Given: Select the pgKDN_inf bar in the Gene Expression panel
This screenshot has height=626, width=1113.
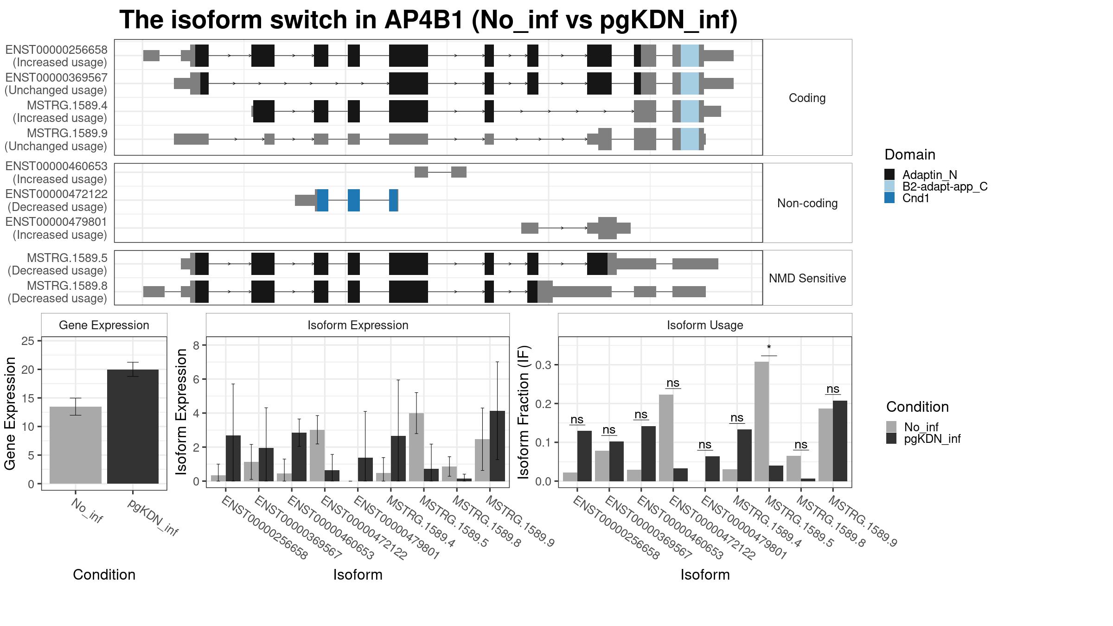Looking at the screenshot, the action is pyautogui.click(x=133, y=427).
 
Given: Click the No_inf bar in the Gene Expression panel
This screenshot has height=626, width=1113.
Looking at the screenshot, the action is pyautogui.click(x=75, y=445).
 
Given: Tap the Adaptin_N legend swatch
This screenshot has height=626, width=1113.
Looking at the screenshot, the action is pyautogui.click(x=889, y=174).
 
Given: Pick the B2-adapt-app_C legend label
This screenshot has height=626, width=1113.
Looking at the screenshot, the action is pyautogui.click(x=945, y=186).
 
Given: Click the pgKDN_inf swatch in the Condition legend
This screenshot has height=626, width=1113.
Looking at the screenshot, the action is pyautogui.click(x=891, y=439).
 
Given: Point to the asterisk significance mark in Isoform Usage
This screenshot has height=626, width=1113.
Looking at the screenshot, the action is pyautogui.click(x=769, y=348).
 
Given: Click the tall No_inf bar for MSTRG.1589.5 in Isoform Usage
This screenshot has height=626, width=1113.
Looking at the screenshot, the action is pyautogui.click(x=761, y=422).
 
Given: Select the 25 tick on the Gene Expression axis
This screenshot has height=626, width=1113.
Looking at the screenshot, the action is pyautogui.click(x=28, y=341).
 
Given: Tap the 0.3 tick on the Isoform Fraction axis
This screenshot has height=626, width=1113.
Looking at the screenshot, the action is pyautogui.click(x=544, y=365).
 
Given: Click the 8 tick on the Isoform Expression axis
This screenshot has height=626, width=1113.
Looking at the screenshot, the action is pyautogui.click(x=196, y=345).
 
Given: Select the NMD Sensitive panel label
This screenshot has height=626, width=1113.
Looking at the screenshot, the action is pyautogui.click(x=807, y=278).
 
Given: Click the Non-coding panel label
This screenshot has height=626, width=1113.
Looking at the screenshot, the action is pyautogui.click(x=807, y=203).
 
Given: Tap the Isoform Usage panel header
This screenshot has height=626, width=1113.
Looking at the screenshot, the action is pyautogui.click(x=705, y=325).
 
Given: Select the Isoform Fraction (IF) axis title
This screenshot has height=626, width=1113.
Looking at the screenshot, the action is pyautogui.click(x=524, y=412).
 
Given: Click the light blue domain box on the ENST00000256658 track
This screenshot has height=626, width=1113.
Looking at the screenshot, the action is pyautogui.click(x=690, y=56).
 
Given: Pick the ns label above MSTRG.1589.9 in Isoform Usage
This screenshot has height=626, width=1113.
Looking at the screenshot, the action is pyautogui.click(x=833, y=389).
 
